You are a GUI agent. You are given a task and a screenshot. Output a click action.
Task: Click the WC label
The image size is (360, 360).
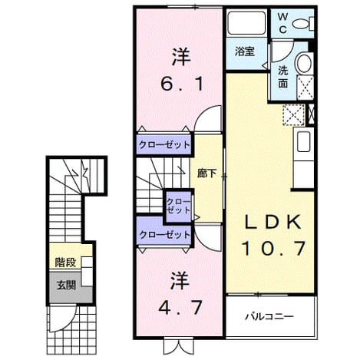point(282,23)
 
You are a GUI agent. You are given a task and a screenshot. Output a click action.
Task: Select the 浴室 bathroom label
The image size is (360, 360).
point(245,51)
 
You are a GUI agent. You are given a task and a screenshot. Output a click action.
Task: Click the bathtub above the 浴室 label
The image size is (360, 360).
point(246,23)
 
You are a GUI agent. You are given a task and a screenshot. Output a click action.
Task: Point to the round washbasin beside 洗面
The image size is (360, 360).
point(304,63)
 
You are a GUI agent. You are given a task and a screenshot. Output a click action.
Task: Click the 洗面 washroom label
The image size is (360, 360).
point(283,77)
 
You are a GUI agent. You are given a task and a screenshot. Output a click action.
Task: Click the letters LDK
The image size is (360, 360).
point(272,222)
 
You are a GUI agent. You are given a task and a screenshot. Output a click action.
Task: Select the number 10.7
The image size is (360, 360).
point(273,248)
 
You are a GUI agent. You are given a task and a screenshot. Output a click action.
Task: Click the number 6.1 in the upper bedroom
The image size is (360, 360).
point(182,84)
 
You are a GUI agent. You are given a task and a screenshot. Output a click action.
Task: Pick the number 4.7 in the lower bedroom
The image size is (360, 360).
point(180,308)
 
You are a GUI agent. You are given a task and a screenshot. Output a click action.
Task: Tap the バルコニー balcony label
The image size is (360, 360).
point(269,317)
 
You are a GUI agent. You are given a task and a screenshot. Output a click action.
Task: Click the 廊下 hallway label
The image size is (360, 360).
point(206,174)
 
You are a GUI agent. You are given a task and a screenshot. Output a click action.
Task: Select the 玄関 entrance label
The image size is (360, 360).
point(66,285)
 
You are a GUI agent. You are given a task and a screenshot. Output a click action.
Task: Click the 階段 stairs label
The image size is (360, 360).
point(65,263)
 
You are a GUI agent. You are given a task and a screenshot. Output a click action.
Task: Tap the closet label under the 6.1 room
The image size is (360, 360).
point(164,145)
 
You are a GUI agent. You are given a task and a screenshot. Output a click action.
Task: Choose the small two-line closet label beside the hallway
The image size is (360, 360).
point(178,206)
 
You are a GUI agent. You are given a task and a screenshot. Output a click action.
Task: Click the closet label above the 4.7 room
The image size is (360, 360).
point(165,235)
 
